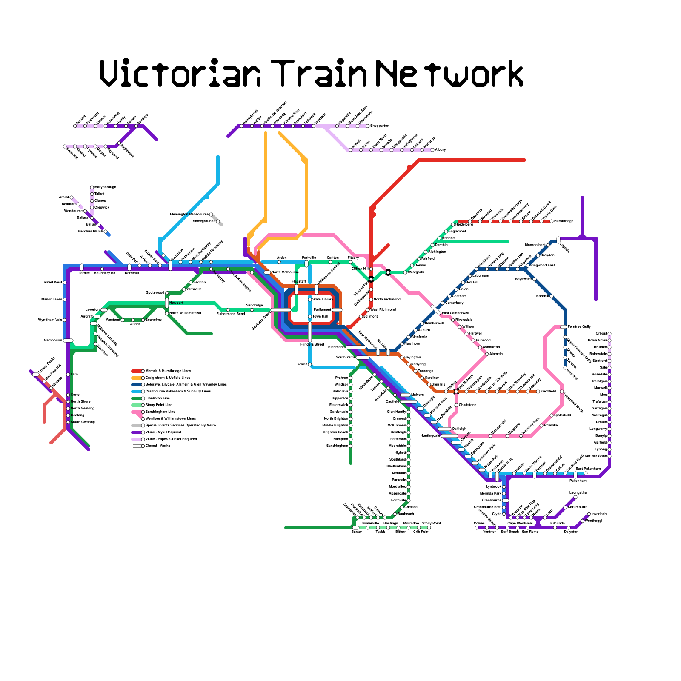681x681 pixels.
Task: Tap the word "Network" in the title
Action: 449,74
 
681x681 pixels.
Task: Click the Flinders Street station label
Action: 312,344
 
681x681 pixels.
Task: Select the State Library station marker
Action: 310,300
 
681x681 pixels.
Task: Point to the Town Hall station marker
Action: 310,317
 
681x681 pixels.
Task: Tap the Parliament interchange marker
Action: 337,310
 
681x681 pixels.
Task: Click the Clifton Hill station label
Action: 360,269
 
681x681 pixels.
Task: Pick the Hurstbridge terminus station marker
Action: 552,221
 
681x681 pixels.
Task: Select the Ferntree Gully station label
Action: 579,326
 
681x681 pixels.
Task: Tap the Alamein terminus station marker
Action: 487,354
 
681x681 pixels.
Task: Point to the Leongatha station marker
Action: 575,497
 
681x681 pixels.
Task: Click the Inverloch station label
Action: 599,514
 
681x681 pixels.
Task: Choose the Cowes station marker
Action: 477,528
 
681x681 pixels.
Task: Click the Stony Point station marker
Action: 429,528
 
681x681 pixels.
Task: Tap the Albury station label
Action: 440,150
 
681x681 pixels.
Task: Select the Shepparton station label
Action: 380,126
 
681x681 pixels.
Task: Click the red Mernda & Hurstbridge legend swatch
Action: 137,371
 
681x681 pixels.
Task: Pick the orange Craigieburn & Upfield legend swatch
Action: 137,378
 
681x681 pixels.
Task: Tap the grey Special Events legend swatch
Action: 137,426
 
